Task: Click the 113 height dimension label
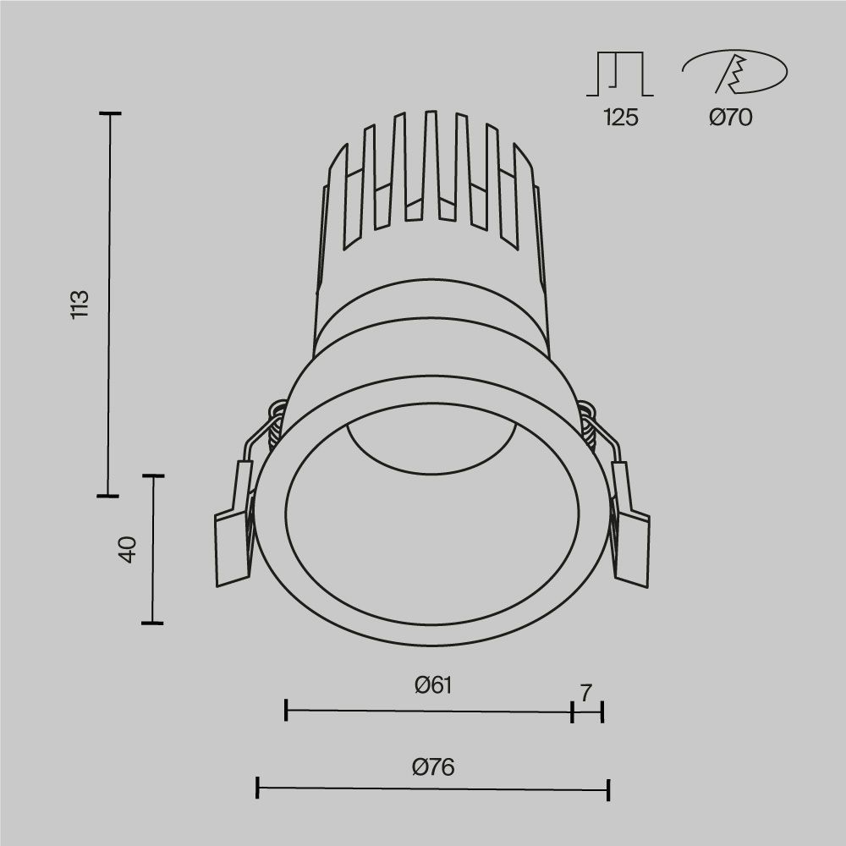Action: tap(80, 305)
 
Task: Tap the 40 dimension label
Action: tap(128, 550)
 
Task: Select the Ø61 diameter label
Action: tap(433, 685)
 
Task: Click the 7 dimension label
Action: tap(586, 692)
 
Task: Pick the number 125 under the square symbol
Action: tap(620, 118)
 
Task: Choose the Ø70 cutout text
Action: tap(731, 118)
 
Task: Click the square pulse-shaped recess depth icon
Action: tap(620, 74)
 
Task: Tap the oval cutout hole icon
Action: tap(733, 73)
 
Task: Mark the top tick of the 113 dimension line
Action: tap(109, 113)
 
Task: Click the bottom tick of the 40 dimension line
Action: tap(152, 623)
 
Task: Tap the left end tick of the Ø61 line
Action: tap(287, 711)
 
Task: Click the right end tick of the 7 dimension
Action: tap(602, 711)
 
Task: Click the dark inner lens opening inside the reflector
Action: tap(432, 440)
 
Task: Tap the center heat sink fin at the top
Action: tap(431, 161)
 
